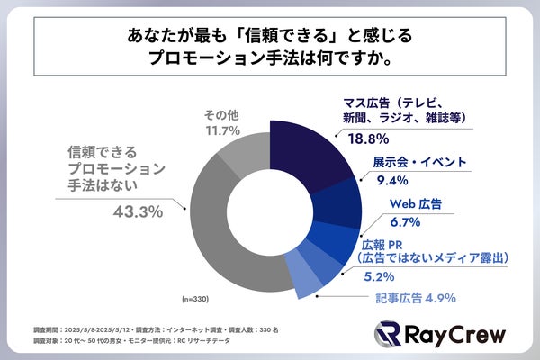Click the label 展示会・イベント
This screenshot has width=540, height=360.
[x=419, y=162]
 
